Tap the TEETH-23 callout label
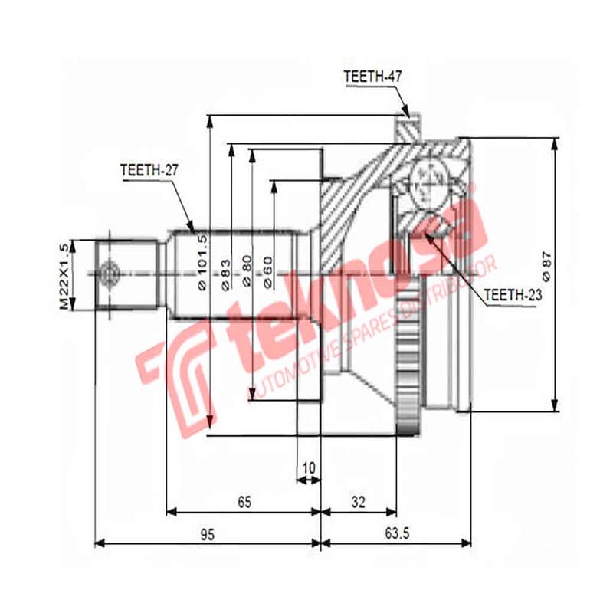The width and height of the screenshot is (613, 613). coord(512,293)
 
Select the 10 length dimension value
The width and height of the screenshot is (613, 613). coord(309,465)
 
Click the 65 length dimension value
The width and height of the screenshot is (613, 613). coord(244,502)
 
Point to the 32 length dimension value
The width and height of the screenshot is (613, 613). coord(358,502)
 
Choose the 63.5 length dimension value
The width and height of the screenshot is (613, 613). coord(395,535)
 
